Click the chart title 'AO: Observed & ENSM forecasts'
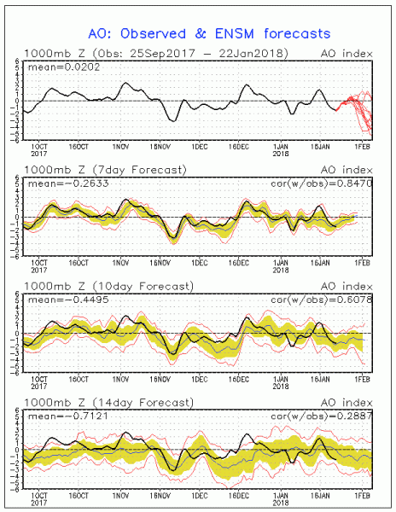pyautogui.click(x=197, y=33)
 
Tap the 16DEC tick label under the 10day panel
pyautogui.click(x=243, y=379)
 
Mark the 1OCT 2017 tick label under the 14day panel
pyautogui.click(x=40, y=498)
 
